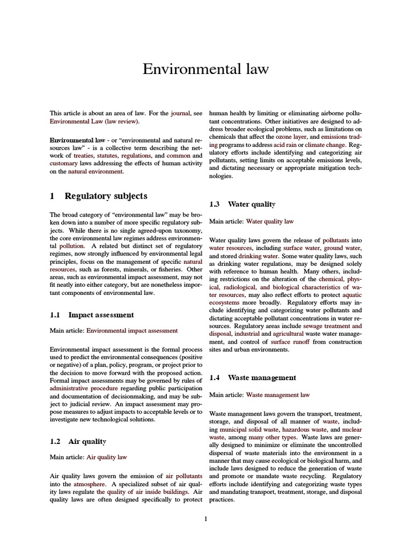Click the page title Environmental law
205,70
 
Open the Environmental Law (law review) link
94,122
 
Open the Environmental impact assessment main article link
132,331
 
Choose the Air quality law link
107,457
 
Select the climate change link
326,145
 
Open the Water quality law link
270,221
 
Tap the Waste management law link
278,395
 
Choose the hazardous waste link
303,429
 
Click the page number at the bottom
205,518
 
